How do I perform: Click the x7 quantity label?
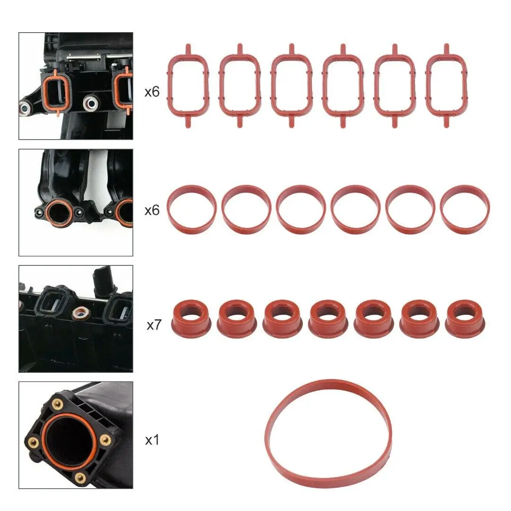154,325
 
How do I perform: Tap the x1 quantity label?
151,440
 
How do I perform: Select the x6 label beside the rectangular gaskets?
152,92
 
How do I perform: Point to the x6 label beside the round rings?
152,210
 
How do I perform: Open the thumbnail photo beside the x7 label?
76,318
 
